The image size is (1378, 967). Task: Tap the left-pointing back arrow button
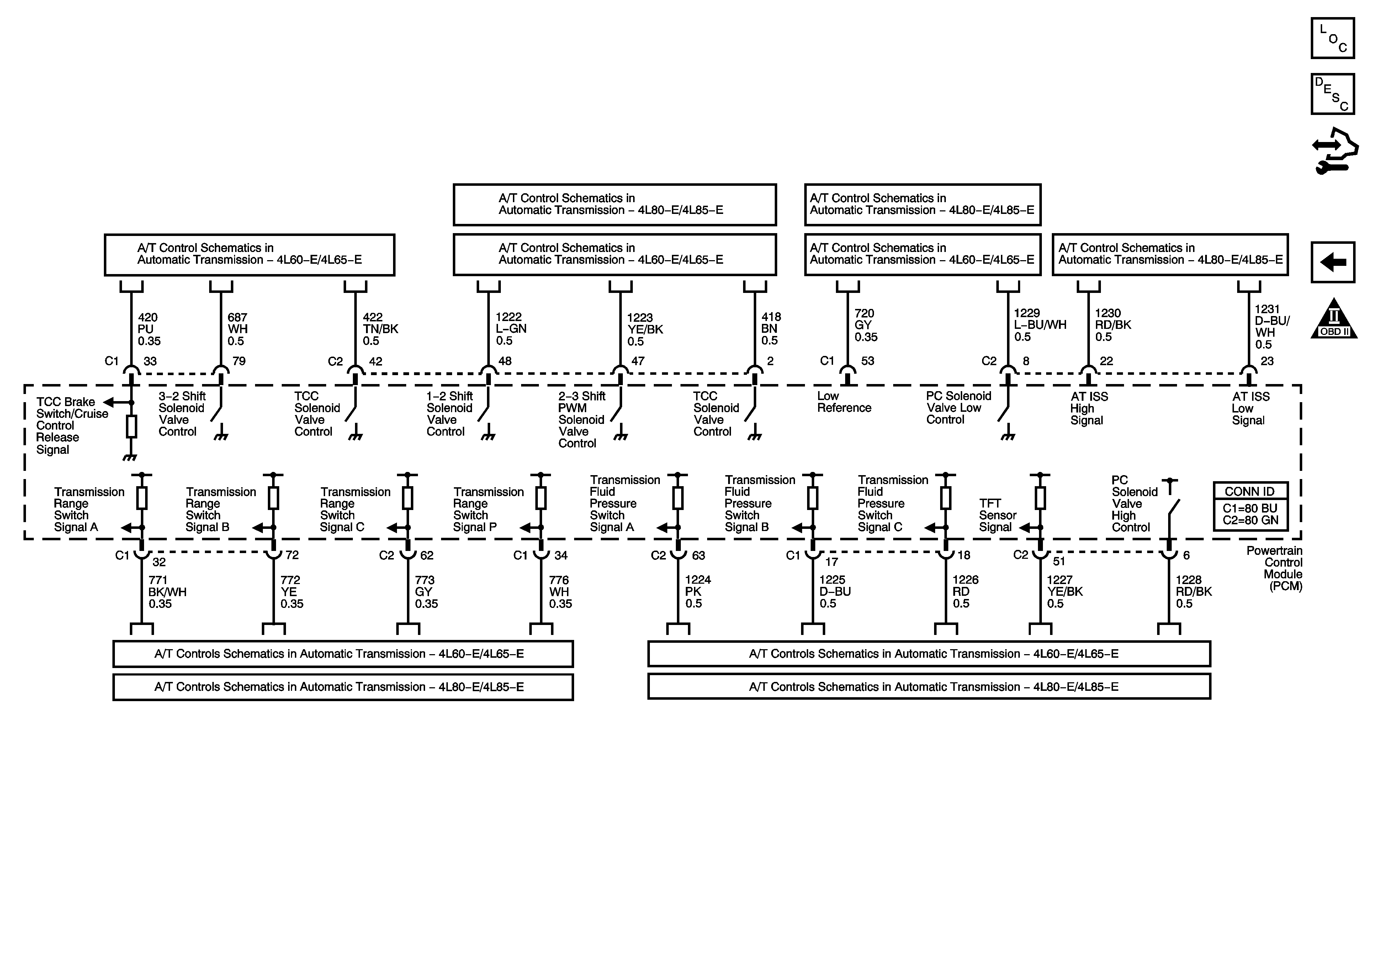click(x=1332, y=262)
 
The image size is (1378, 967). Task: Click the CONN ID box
click(x=1250, y=506)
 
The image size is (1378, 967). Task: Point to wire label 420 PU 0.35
click(x=149, y=329)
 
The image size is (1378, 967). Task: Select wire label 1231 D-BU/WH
click(x=1272, y=326)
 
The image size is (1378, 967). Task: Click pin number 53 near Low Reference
click(x=867, y=361)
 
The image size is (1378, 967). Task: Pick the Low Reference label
click(x=844, y=402)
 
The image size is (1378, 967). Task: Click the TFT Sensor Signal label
click(x=997, y=515)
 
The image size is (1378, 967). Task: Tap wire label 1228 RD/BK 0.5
click(x=1193, y=592)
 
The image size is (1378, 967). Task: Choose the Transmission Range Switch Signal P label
click(x=488, y=509)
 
